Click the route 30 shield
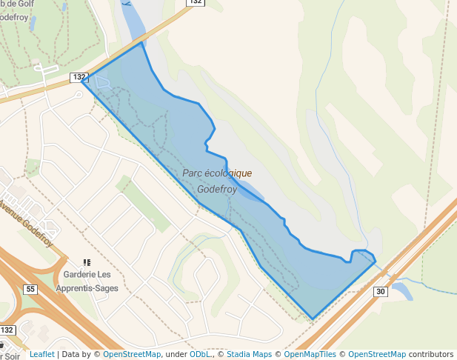pos(380,291)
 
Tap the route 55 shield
pos(30,289)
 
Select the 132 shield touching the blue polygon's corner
pos(79,77)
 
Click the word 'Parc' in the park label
pos(194,173)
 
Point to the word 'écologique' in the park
pos(230,173)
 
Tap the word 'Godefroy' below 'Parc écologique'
pos(217,189)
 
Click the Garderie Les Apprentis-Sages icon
pos(87,262)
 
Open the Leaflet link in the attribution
pos(41,354)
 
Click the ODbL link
pos(199,354)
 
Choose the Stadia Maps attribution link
pos(249,354)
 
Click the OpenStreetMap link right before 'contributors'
pos(377,354)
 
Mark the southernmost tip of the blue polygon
pos(313,319)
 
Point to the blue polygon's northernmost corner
pos(141,43)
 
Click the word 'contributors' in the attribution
pos(431,354)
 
